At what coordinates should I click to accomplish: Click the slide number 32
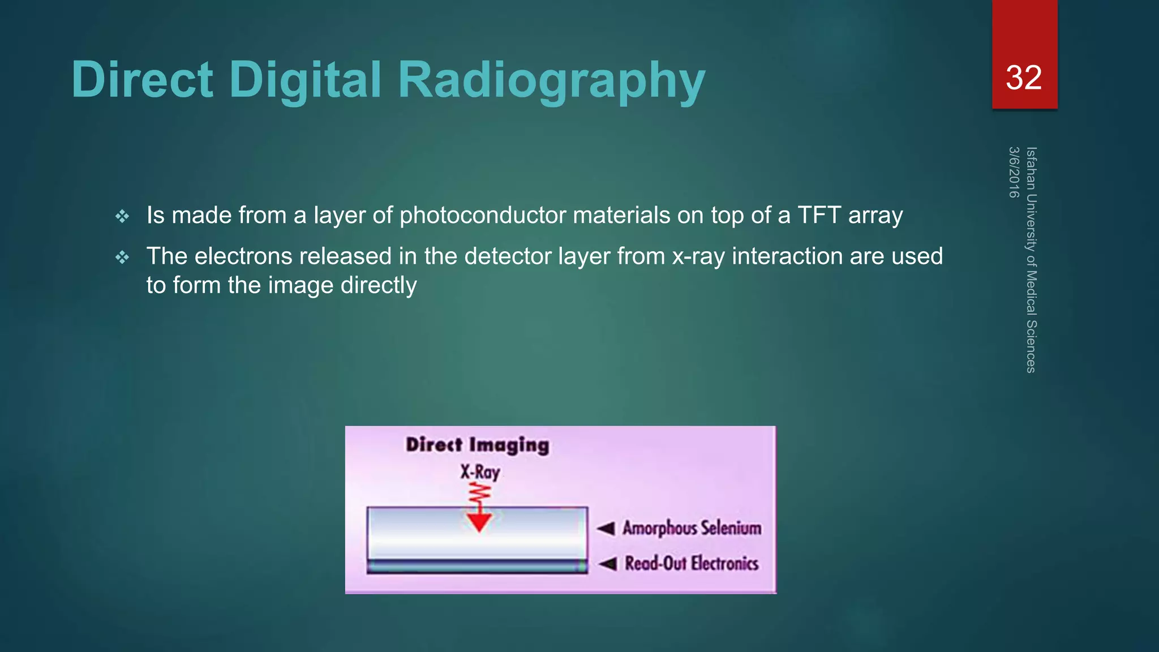coord(1023,78)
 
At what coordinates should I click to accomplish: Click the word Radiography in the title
coord(551,80)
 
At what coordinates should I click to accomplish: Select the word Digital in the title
coord(306,80)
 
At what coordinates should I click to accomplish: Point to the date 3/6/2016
coord(1014,173)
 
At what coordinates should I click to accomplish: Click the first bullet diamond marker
coord(122,216)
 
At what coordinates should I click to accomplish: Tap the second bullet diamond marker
coord(122,258)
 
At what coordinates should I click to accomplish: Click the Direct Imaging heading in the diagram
coord(477,445)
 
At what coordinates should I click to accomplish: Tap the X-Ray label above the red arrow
coord(479,472)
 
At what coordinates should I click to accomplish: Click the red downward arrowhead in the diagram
coord(479,522)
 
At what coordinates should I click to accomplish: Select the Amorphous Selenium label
coord(692,528)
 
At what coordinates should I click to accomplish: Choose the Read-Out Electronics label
coord(692,563)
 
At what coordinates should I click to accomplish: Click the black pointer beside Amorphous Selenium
coord(606,529)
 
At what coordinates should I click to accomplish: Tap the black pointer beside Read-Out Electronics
coord(608,564)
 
